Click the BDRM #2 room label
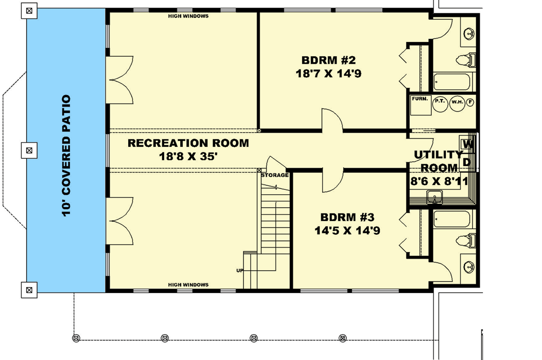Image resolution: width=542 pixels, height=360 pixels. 328,60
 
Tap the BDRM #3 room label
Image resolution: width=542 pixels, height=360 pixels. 347,217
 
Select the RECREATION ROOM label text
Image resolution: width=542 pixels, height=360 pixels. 188,143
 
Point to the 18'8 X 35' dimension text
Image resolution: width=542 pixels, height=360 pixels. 188,157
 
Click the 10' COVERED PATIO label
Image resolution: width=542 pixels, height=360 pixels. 66,156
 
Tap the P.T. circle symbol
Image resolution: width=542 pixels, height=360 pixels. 440,104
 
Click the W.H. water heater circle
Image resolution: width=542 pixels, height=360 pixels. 457,104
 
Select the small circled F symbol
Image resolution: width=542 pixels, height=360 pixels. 470,102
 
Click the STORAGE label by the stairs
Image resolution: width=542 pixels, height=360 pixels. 275,176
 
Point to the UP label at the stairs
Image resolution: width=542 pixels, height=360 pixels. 240,270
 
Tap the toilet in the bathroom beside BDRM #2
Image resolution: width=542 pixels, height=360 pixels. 466,60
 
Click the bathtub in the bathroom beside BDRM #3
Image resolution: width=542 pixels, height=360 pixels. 452,219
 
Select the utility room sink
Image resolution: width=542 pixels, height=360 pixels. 435,197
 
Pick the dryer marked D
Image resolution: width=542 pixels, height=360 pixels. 467,162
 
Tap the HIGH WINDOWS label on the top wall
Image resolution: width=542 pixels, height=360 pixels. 188,16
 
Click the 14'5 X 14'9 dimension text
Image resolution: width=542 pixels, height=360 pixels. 347,231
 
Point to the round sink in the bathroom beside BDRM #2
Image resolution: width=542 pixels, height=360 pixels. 470,34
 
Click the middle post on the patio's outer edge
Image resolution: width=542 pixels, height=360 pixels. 30,150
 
